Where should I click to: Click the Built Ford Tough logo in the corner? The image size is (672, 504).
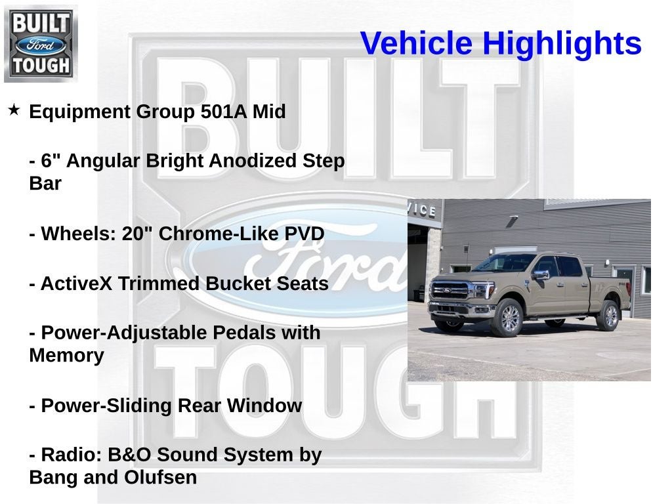(41, 43)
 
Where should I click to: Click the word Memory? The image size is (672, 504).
(66, 356)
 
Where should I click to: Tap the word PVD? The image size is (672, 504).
(303, 234)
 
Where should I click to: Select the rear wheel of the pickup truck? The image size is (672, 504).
(608, 316)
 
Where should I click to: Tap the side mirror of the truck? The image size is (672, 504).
(541, 275)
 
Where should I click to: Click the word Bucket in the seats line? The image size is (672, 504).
(237, 283)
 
